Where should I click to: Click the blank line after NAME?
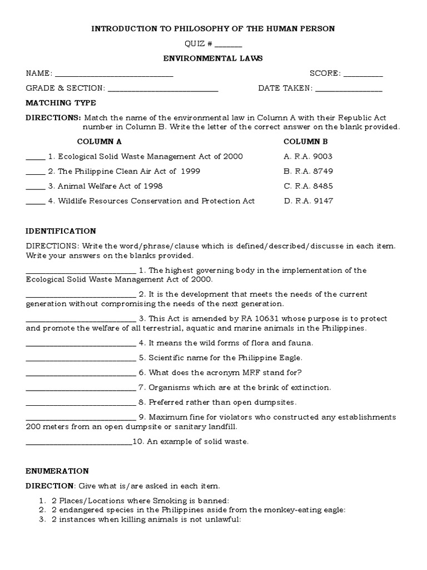114,75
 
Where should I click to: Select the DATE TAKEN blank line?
349,89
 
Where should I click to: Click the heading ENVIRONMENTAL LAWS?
213,58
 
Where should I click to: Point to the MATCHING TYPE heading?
61,103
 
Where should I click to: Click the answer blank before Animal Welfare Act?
35,187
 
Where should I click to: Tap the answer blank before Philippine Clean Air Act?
35,172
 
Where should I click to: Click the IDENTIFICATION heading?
61,231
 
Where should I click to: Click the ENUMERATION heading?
57,471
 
